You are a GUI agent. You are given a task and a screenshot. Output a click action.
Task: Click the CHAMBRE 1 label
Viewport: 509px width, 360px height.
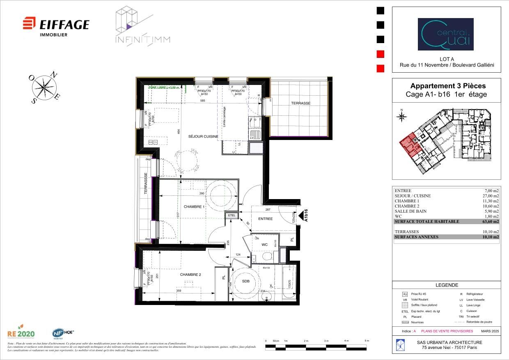[x=194, y=206]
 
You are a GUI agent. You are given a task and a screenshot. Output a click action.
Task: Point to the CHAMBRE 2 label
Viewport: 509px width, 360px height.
[x=190, y=275]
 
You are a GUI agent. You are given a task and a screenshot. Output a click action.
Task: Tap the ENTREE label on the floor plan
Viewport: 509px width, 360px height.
[x=265, y=219]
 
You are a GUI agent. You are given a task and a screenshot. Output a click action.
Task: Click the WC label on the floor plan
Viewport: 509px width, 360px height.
[x=264, y=245]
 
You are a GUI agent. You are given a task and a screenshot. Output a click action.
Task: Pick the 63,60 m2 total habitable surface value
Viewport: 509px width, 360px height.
[x=491, y=222]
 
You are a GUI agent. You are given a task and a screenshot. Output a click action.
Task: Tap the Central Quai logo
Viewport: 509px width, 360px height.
[x=445, y=34]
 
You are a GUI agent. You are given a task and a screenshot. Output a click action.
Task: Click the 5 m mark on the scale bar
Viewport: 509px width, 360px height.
[x=367, y=341]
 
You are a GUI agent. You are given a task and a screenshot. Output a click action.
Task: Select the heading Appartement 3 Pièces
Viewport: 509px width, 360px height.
[x=447, y=86]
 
